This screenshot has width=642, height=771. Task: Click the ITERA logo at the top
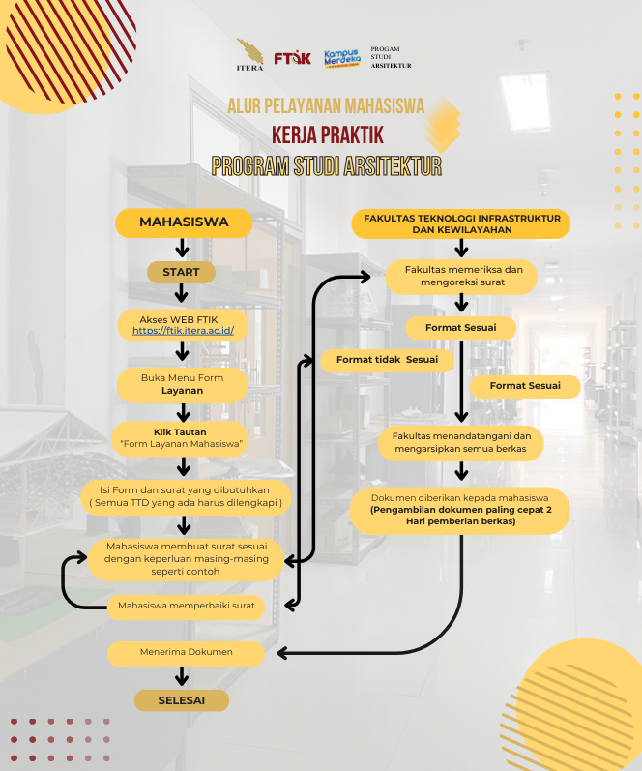248,54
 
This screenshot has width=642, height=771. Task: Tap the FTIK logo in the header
292,58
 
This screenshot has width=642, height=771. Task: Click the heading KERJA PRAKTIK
328,133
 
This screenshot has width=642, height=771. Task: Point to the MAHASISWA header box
184,222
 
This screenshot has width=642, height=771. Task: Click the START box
181,273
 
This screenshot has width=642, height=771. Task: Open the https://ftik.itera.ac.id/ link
184,330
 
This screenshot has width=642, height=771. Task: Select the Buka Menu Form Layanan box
183,384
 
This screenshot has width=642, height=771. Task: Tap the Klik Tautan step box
181,437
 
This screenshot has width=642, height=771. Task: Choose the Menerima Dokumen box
186,653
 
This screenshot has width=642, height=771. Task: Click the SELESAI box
182,699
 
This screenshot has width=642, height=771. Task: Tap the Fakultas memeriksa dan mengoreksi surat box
462,277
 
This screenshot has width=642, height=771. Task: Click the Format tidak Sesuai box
387,360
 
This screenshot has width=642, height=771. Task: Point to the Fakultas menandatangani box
461,442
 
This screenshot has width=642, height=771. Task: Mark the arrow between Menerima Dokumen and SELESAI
182,677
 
